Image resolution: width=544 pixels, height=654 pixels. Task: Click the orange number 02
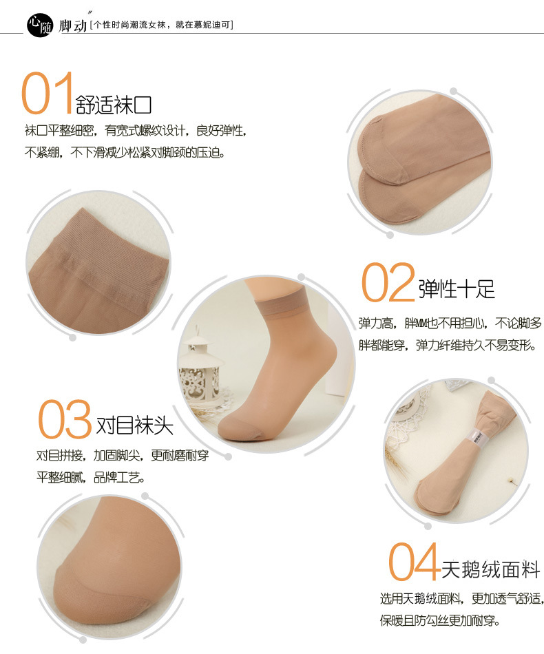coord(388,283)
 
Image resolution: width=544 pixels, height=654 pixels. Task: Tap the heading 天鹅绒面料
coord(490,570)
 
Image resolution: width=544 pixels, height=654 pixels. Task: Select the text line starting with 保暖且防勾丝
coord(439,620)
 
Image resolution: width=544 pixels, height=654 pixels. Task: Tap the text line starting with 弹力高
coord(450,323)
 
